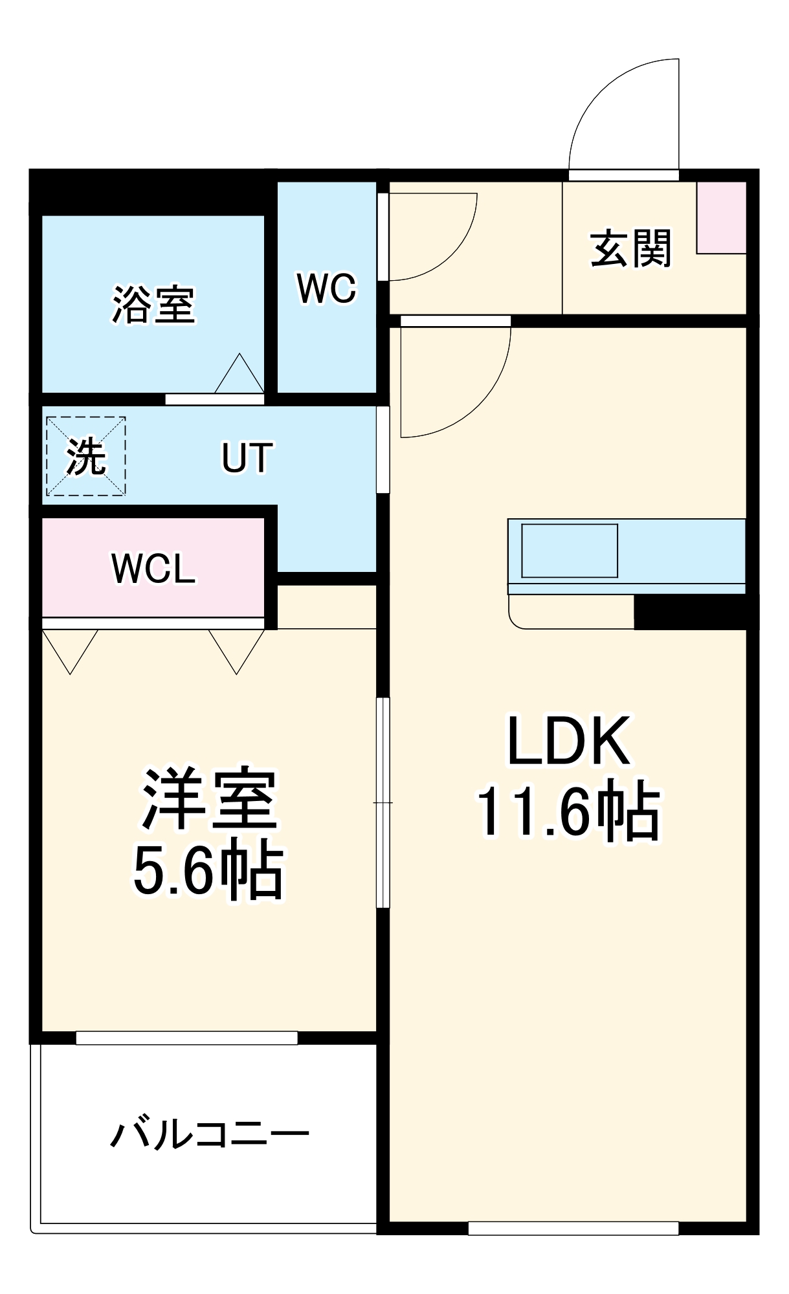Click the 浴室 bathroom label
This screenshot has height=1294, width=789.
coord(153,304)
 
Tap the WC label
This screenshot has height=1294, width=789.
coord(326,289)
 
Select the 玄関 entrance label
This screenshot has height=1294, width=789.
coord(630,248)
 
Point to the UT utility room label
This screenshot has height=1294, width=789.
coord(247,458)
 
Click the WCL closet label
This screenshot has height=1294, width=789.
coord(153,569)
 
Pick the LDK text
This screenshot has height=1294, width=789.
coord(568,741)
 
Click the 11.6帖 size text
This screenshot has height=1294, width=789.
coord(568,812)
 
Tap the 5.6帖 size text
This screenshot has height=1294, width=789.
coord(208,870)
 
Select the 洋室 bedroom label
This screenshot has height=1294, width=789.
coord(209,799)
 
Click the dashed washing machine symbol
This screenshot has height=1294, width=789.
coord(85,456)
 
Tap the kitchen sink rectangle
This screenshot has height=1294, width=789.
coord(569,551)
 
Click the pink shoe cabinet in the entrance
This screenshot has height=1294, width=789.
coord(721,217)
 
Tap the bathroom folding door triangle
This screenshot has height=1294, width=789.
coord(239,375)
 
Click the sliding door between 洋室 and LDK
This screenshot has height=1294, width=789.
coord(383,802)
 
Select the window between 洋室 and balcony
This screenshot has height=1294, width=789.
coord(186,1038)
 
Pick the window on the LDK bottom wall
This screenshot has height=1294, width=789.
coord(573,1227)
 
